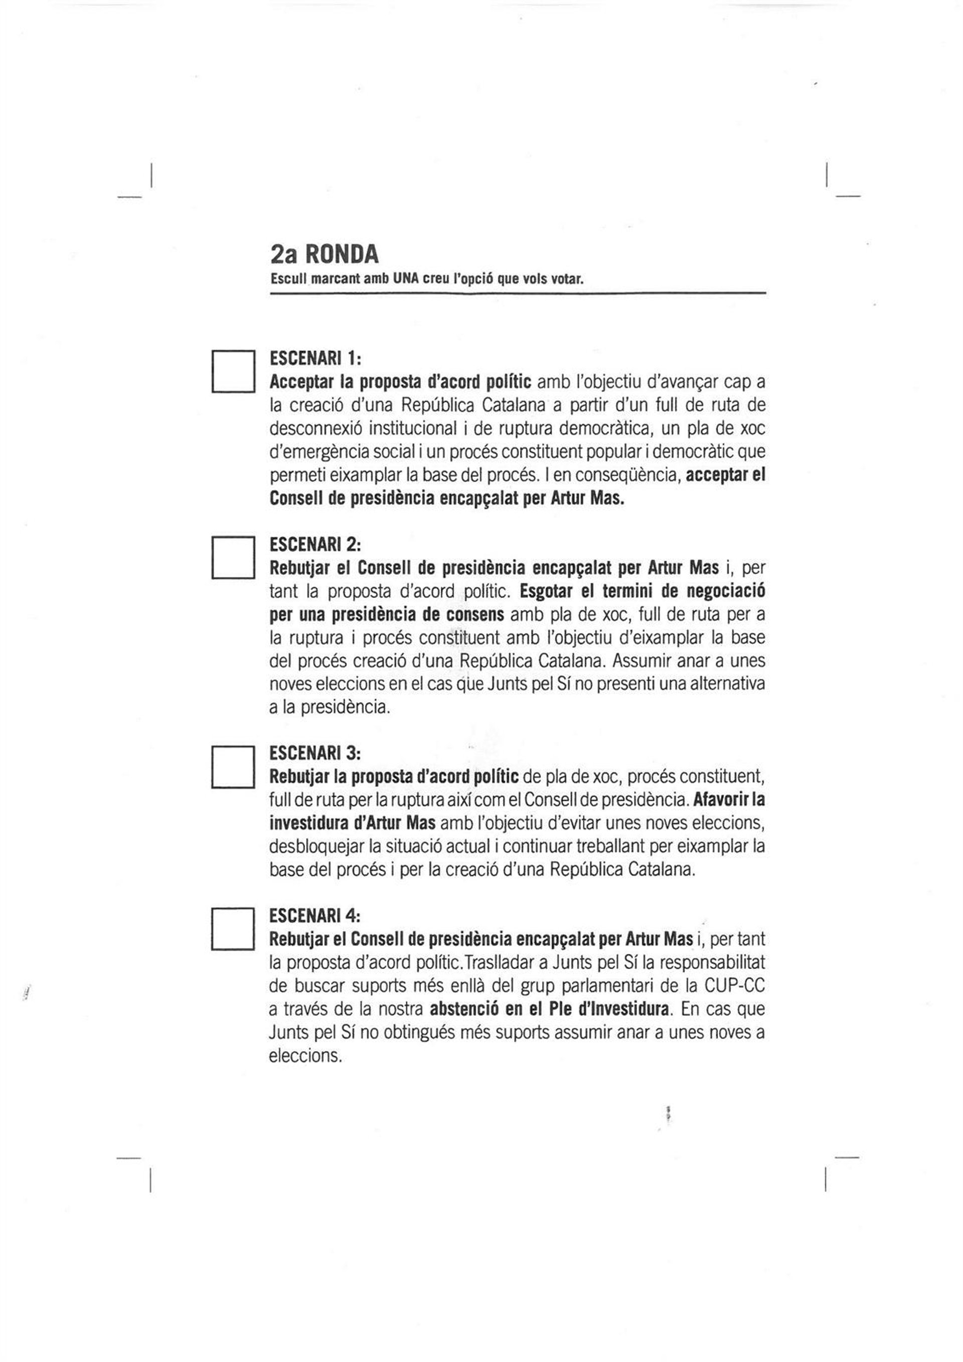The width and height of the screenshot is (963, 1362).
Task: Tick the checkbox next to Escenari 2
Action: click(x=233, y=557)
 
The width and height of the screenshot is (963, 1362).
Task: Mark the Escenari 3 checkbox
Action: click(x=233, y=767)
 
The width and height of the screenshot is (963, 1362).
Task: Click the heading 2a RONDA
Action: click(x=324, y=254)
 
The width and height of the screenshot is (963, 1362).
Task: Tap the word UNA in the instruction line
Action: click(x=405, y=279)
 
